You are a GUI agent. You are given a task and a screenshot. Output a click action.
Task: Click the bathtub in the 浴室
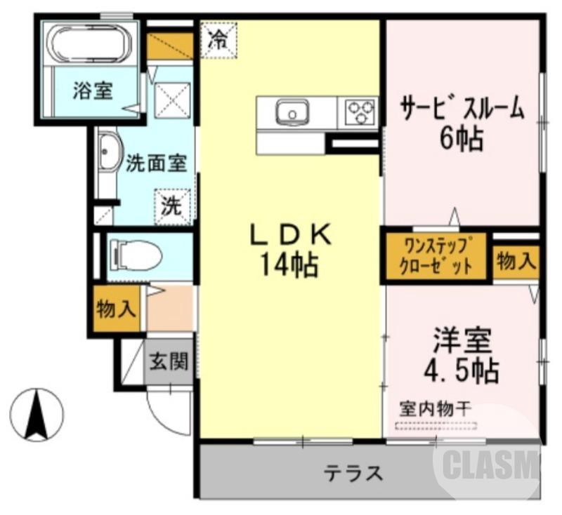(x=89, y=44)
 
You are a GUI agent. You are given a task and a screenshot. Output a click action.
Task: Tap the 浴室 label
(x=93, y=91)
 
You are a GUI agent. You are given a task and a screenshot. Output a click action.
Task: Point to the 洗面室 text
(x=156, y=163)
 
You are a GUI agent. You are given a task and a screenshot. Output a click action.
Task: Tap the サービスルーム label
(x=462, y=109)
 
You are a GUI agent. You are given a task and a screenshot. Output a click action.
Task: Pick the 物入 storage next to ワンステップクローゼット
(x=516, y=262)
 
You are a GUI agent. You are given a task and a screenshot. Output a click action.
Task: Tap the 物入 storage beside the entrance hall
(x=117, y=308)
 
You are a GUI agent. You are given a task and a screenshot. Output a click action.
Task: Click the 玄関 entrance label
(x=169, y=362)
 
